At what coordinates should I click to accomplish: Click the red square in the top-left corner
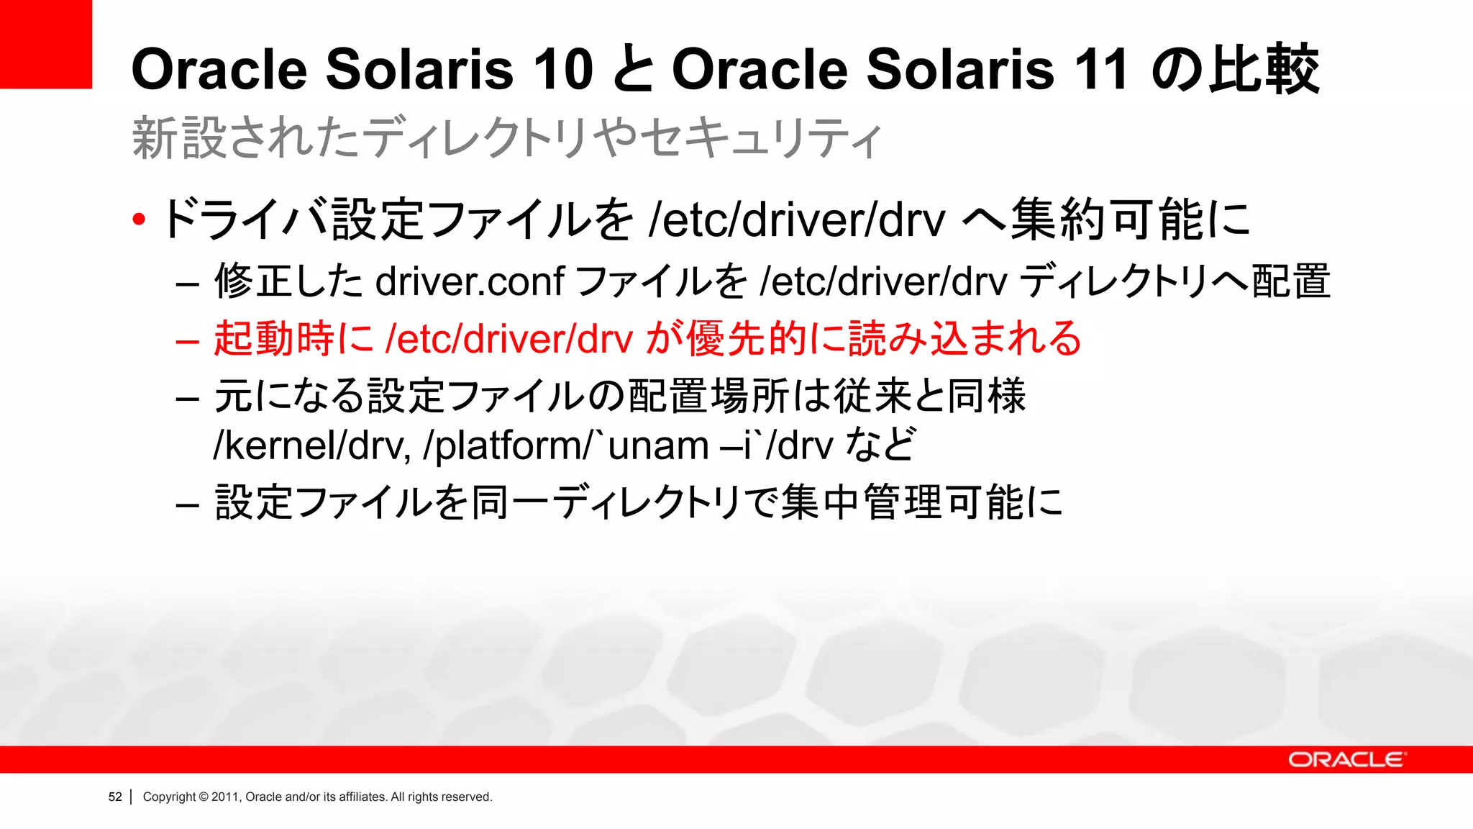(45, 44)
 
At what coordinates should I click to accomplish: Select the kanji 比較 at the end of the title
(1263, 70)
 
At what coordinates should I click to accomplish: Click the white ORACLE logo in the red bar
(1345, 760)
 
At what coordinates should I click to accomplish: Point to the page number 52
(115, 797)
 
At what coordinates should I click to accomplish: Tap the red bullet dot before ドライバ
(139, 219)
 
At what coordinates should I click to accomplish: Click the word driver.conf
(470, 281)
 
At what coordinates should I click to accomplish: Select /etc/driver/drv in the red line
(509, 339)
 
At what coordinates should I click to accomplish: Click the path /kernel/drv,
(312, 445)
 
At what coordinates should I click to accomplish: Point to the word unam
(658, 445)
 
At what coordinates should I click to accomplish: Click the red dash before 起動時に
(187, 341)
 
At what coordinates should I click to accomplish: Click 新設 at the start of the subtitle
(181, 137)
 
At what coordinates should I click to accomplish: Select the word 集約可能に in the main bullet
(1130, 219)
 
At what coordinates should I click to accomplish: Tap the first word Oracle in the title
(219, 70)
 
